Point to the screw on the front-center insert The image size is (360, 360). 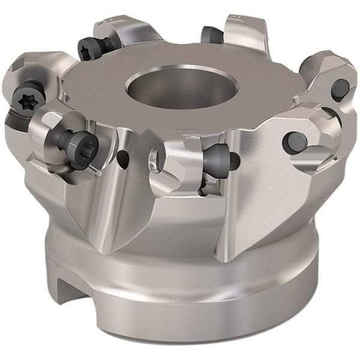pyautogui.click(x=217, y=159)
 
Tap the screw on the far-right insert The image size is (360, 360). pyautogui.click(x=340, y=89)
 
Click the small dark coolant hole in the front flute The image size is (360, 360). pyautogui.click(x=122, y=158)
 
